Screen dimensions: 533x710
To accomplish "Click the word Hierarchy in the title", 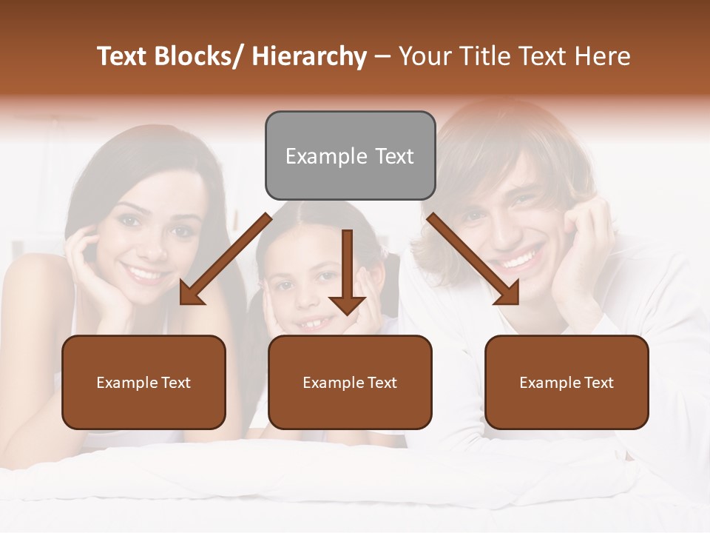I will coord(308,56).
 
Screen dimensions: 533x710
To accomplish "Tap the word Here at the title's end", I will coord(603,56).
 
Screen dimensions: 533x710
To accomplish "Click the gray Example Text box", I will coord(350,155).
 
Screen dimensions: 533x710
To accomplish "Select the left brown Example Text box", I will coord(143,382).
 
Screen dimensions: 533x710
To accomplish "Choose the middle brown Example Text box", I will coord(350,382).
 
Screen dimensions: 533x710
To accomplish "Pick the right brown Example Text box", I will coord(567,382).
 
